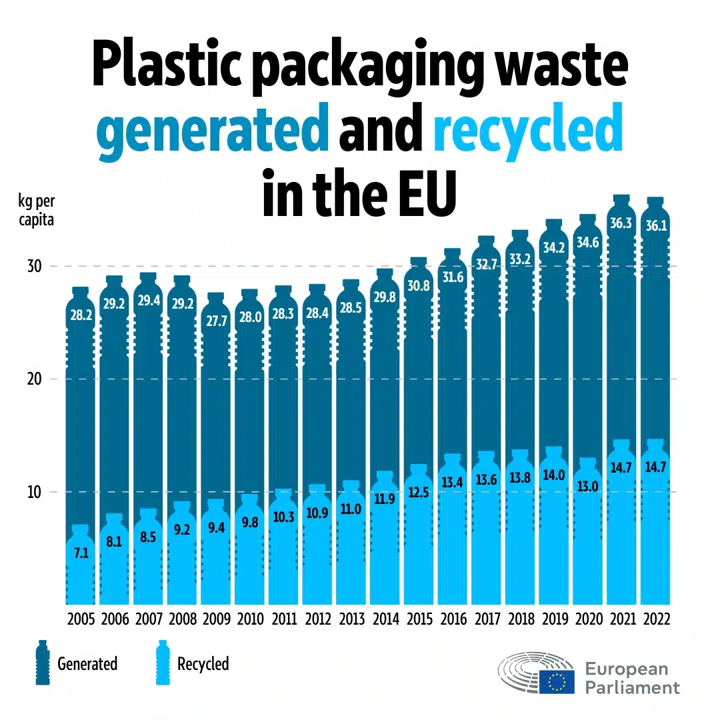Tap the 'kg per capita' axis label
click(36, 210)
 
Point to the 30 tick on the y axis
click(34, 266)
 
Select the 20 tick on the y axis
click(34, 379)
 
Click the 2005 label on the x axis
click(81, 619)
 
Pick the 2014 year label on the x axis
click(385, 619)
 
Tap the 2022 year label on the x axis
click(655, 619)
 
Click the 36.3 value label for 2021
click(621, 223)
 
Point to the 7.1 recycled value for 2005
click(80, 553)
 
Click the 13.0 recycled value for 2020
click(587, 486)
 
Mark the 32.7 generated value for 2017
click(486, 264)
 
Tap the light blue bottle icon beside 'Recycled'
click(162, 663)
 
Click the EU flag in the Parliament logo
click(557, 681)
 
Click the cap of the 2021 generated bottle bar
click(621, 199)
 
